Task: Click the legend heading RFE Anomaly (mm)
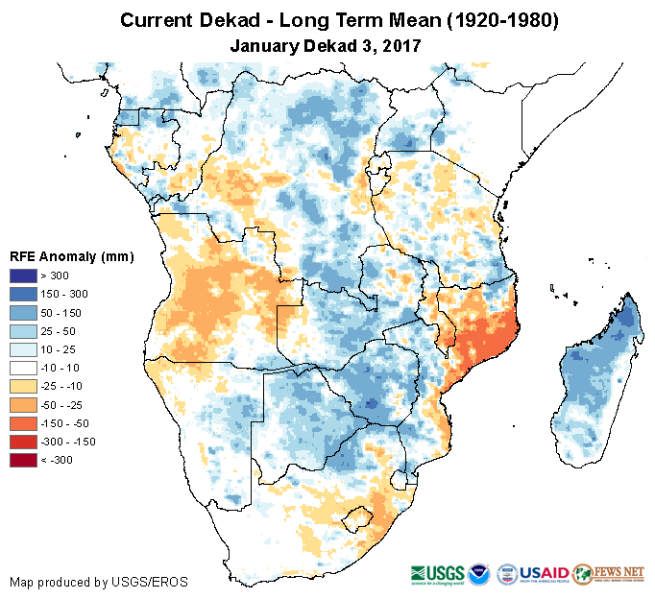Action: point(71,256)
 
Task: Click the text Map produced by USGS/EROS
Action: point(99,582)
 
